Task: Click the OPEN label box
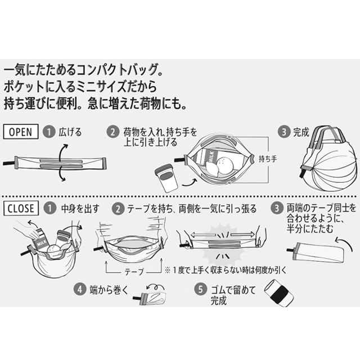coord(21,132)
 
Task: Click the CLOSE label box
coord(21,209)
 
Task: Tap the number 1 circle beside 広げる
coord(49,132)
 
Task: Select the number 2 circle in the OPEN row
coord(113,132)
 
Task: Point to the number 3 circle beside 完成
coord(284,132)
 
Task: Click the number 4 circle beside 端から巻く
coord(80,289)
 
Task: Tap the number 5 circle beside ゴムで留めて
coord(201,289)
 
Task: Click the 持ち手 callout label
coord(268,159)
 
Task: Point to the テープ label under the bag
coord(134,272)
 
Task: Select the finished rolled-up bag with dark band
coord(279,292)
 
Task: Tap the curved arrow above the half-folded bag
coord(344,244)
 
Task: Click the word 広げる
coord(70,132)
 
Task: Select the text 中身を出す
coord(80,209)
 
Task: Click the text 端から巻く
coord(109,290)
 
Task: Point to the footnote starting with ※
coord(226,270)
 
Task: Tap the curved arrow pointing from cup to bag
coord(190,182)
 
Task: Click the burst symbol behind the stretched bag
coord(221,244)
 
